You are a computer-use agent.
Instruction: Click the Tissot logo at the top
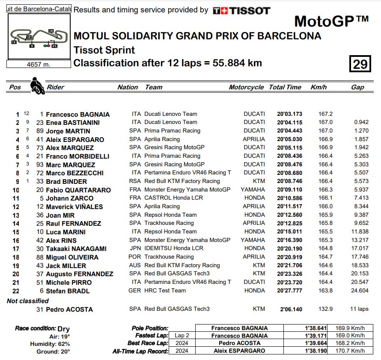click(241, 10)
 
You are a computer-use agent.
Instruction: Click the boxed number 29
click(360, 64)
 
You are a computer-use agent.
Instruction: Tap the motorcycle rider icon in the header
click(37, 85)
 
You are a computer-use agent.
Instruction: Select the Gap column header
click(357, 87)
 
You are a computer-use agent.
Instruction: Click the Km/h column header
click(318, 87)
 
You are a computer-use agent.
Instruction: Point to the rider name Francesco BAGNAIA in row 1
click(77, 114)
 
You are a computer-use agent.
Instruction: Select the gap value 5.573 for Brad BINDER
click(361, 181)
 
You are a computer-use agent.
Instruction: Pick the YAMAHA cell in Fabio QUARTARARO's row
click(253, 189)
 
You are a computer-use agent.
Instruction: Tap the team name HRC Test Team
click(165, 291)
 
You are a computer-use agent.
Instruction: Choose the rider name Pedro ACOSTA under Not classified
click(69, 309)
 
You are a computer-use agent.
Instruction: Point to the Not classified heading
click(28, 301)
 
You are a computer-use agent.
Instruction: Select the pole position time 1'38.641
click(315, 328)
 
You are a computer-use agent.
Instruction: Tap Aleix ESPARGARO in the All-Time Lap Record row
click(239, 351)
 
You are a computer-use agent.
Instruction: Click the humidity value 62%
click(64, 344)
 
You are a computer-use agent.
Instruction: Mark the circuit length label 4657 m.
click(39, 64)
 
